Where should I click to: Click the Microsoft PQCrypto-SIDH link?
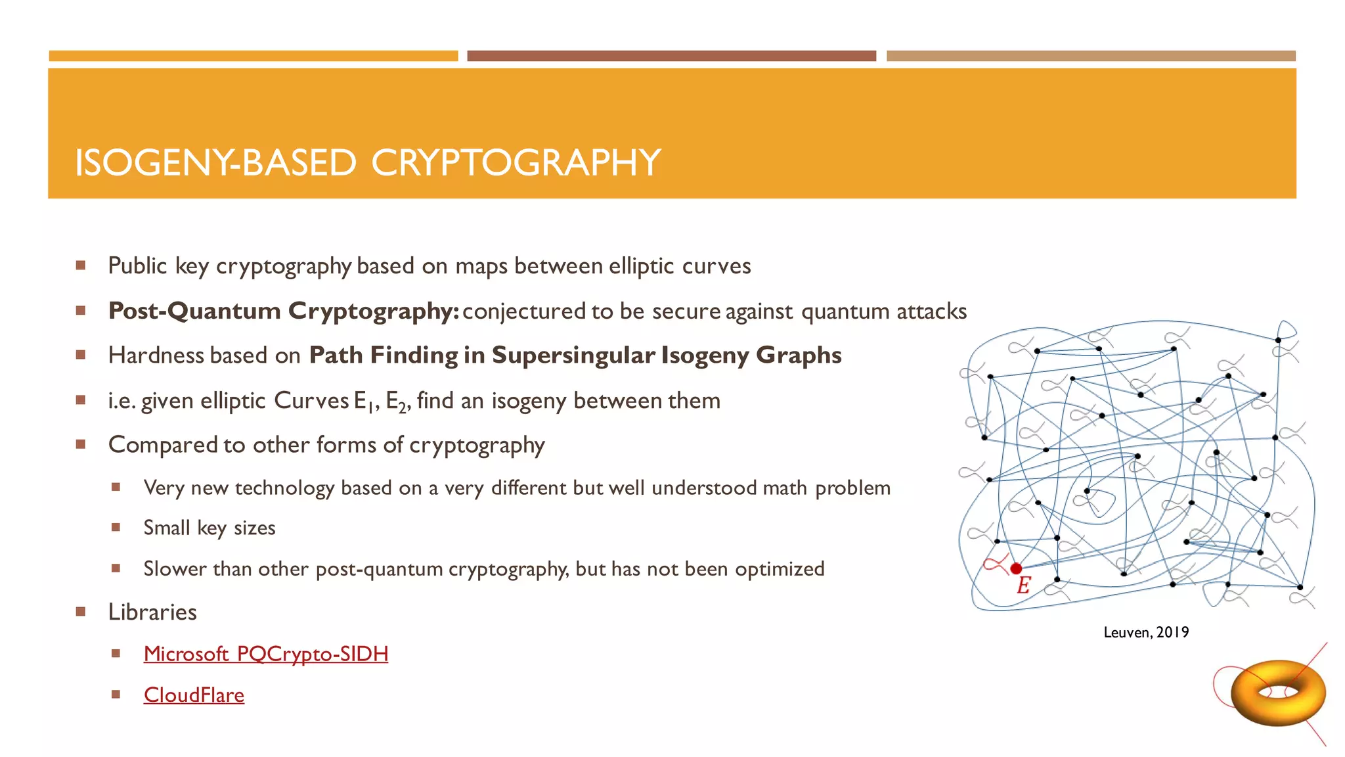265,654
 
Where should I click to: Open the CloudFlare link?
194,695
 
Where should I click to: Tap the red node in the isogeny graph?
1016,568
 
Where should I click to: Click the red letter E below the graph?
1023,585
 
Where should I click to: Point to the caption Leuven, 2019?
1146,632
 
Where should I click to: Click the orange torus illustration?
1277,693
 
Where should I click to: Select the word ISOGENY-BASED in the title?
215,163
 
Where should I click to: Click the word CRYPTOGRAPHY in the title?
516,163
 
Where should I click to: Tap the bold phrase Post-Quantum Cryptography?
283,311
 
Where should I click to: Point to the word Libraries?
152,612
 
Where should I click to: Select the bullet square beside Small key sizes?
116,527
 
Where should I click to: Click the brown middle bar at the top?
671,56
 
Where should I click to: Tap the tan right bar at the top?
1091,56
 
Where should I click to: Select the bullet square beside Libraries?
81,612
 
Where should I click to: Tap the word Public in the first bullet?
137,266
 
